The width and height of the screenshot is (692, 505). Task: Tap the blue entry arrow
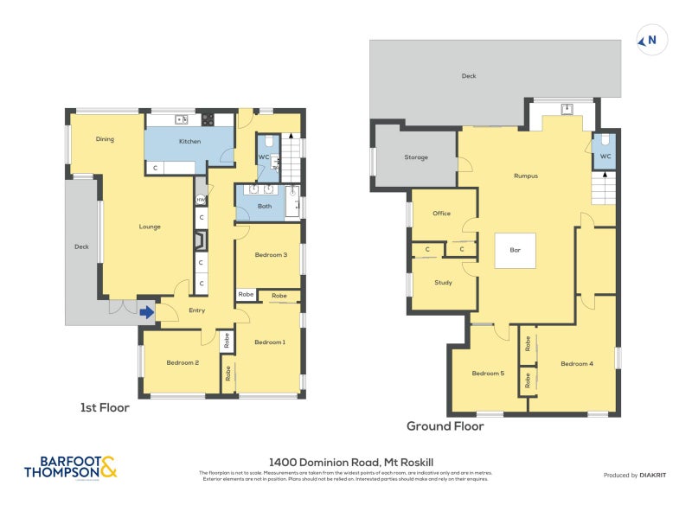tap(147, 312)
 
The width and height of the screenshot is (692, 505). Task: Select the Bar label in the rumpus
tap(515, 250)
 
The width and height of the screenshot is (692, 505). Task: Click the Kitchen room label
tap(189, 141)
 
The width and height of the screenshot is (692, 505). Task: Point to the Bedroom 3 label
tap(271, 254)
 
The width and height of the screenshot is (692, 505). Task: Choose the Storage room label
tap(416, 157)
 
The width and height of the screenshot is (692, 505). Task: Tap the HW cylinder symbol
tap(201, 200)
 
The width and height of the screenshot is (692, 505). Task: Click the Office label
tap(442, 213)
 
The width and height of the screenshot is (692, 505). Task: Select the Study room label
tap(443, 282)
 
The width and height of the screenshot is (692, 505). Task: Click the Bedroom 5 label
tap(487, 374)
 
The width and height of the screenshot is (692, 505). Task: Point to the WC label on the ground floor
tap(605, 157)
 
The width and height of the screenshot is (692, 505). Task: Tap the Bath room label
tap(265, 207)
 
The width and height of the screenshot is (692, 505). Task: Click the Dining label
tap(105, 138)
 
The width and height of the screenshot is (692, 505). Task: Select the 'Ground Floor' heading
tap(445, 425)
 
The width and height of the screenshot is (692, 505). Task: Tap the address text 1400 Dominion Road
tap(345, 463)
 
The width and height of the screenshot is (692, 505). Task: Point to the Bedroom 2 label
tap(183, 362)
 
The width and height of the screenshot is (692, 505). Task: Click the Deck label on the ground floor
tap(468, 76)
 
